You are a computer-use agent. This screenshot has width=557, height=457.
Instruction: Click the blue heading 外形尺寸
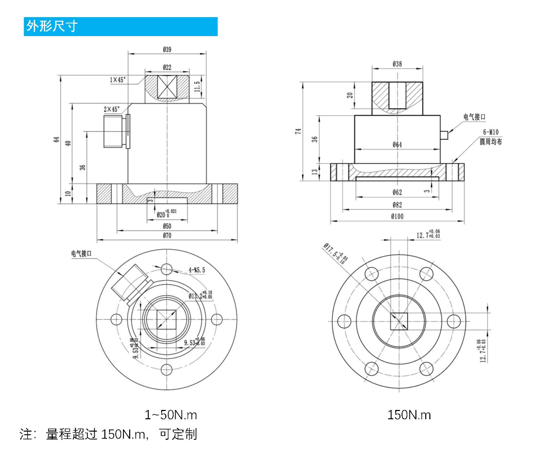[52, 26]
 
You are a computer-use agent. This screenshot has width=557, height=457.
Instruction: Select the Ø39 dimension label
[167, 50]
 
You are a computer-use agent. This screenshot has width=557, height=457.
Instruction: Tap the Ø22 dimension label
[167, 67]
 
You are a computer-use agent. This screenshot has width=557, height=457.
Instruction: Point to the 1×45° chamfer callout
[118, 80]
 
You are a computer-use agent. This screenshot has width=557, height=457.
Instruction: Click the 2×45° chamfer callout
[112, 109]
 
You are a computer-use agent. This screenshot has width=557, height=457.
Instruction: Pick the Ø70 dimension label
[167, 236]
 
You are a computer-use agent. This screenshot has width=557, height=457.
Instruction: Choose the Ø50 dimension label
[167, 226]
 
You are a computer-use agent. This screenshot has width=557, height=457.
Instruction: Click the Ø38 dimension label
[397, 64]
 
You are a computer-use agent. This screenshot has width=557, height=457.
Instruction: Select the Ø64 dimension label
[397, 145]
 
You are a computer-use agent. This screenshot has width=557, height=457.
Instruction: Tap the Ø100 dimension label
[397, 217]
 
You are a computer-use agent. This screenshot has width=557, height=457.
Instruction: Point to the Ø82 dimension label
[397, 205]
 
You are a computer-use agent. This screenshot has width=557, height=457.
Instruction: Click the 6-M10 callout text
[490, 132]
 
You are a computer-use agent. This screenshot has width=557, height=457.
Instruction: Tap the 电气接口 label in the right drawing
[474, 117]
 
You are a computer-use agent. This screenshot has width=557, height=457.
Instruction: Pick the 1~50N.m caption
[171, 415]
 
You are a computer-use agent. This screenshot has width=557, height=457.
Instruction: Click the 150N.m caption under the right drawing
[409, 415]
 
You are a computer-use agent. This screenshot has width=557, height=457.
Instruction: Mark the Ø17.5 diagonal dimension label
[336, 253]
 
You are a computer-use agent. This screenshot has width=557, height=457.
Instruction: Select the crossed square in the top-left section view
[167, 88]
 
